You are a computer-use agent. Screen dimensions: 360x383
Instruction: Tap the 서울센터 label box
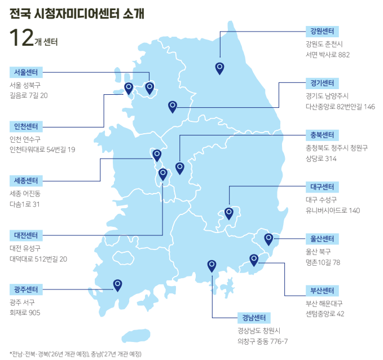coord(26,72)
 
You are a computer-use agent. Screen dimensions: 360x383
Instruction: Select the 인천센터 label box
coord(26,125)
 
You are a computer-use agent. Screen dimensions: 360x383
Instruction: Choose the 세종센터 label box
coord(26,181)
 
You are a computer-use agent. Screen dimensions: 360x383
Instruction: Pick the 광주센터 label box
coord(26,289)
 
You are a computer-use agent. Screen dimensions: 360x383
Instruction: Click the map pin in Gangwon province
coord(220,68)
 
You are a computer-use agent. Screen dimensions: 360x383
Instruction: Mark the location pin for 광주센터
coord(117,284)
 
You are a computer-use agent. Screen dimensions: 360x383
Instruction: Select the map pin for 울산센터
coord(268,239)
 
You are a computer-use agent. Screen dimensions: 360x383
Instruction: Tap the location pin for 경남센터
coord(212,265)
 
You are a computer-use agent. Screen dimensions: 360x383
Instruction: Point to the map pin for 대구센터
coord(229,213)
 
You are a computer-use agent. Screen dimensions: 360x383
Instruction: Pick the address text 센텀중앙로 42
coord(324,314)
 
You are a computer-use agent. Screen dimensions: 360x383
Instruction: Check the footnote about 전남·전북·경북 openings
coord(76,353)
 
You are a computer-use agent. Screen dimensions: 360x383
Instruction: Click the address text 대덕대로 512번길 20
coord(38,259)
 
